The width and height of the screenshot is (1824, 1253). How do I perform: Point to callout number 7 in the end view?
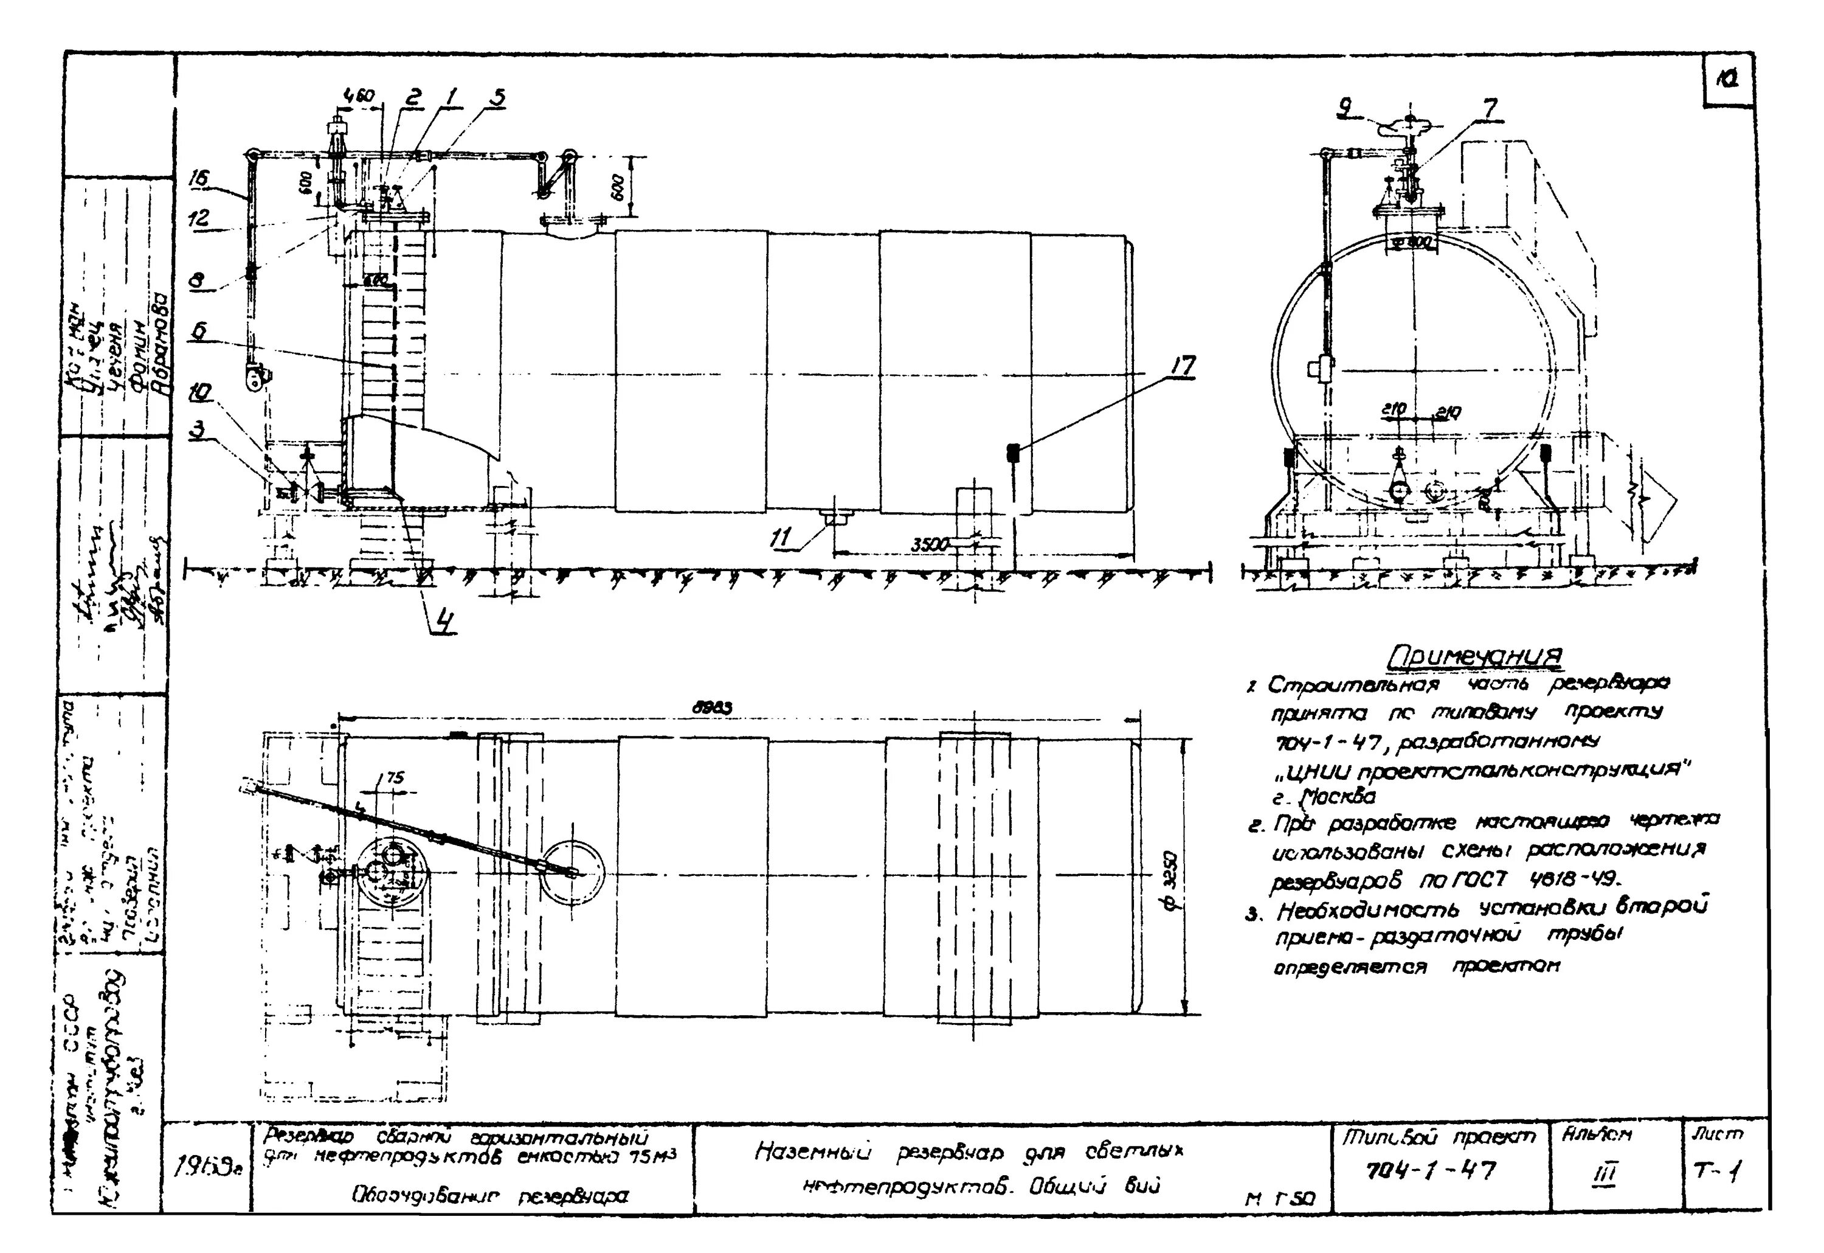click(x=1489, y=108)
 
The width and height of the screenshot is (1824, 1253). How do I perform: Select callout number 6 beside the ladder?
click(x=200, y=331)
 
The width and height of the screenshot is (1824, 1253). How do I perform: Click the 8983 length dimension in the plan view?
click(x=711, y=707)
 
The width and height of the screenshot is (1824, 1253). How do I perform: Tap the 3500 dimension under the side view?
click(x=930, y=543)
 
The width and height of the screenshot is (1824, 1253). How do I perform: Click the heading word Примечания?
click(x=1475, y=656)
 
